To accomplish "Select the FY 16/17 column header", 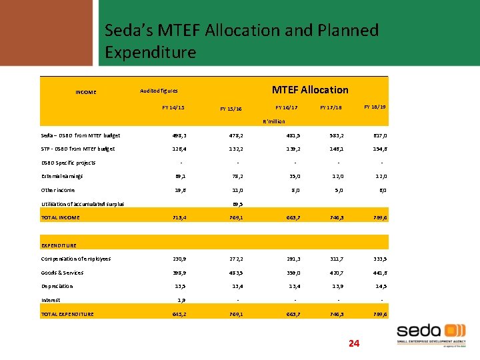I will pos(287,107).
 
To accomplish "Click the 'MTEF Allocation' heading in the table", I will pos(309,89).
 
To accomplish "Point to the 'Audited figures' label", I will pos(159,91).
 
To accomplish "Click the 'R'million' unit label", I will pos(274,121).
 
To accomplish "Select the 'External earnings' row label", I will pos(61,177).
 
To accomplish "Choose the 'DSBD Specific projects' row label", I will pos(68,163).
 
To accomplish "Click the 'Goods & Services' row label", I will pos(62,273).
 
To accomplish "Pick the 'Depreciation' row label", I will pos(57,286).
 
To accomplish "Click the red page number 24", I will pos(354,343).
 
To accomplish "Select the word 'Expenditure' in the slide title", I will pos(151,52).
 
